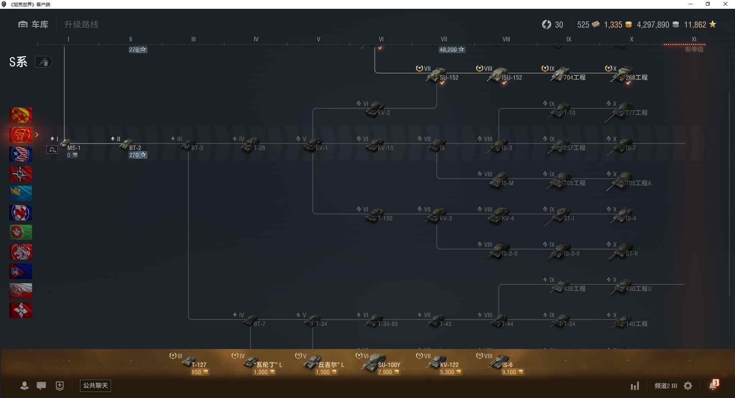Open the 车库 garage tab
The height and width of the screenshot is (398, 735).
pyautogui.click(x=33, y=24)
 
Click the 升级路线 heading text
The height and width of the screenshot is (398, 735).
pyautogui.click(x=81, y=24)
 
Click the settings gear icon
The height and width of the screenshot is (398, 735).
pyautogui.click(x=688, y=386)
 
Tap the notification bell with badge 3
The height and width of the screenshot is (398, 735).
pyautogui.click(x=713, y=385)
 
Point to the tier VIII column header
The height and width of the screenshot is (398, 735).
pyautogui.click(x=506, y=39)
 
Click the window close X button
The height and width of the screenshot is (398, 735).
pyautogui.click(x=725, y=4)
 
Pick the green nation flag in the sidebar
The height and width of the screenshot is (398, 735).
pyautogui.click(x=21, y=232)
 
